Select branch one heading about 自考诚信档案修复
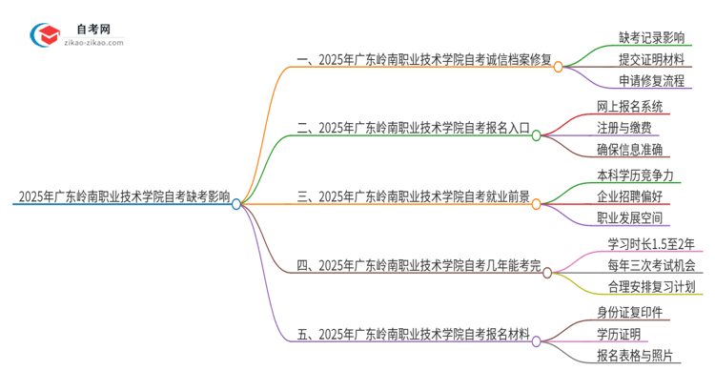(x=425, y=59)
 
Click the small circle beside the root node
(x=236, y=203)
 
